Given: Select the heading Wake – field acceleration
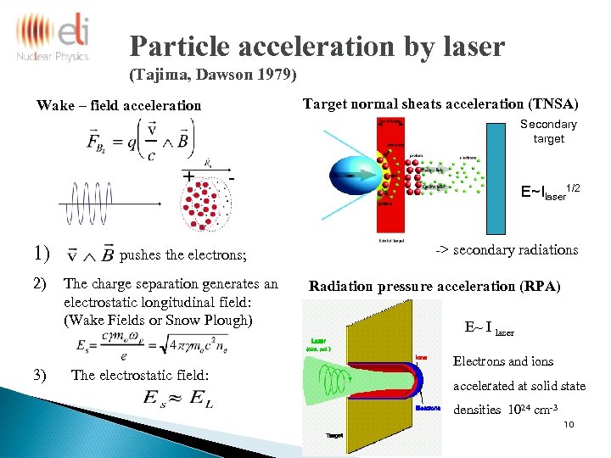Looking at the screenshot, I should click(x=119, y=106).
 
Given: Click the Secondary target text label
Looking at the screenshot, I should click(x=548, y=131).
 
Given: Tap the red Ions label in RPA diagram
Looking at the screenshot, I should click(x=422, y=358).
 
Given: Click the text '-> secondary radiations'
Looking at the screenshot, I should click(x=507, y=249).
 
